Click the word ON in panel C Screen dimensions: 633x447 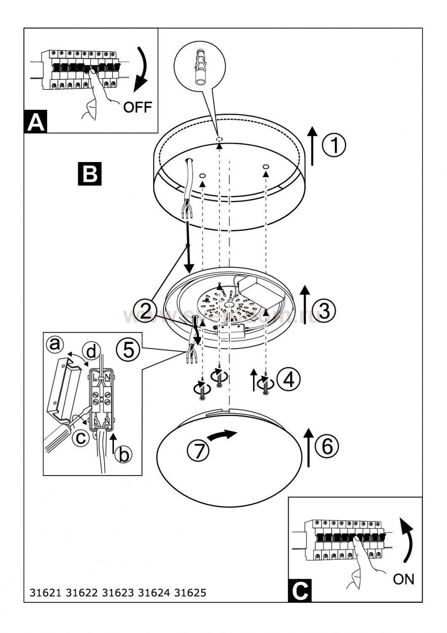[404, 579]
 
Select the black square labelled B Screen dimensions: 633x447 [89, 173]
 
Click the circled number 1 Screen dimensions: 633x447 [334, 146]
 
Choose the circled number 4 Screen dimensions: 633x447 [289, 379]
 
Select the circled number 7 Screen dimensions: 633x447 [198, 450]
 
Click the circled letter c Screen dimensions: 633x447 [79, 438]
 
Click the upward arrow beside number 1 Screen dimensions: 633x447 [312, 146]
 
